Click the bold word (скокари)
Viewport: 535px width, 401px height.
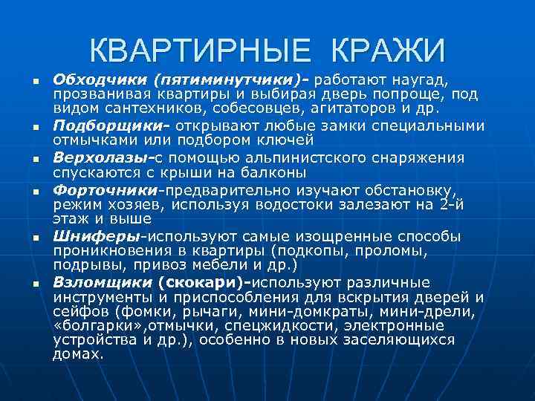[207, 283]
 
